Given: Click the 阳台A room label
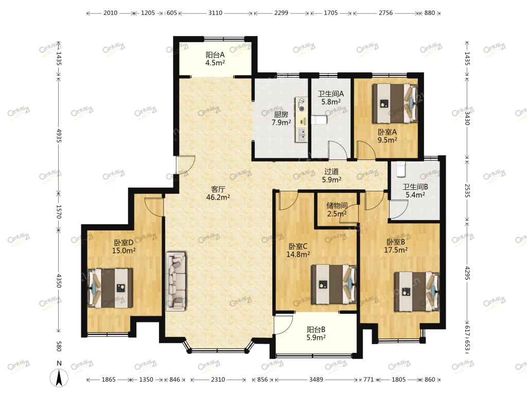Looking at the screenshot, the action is [x=215, y=59].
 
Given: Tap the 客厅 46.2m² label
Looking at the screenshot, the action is [x=218, y=193].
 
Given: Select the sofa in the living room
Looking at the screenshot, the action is [x=176, y=281].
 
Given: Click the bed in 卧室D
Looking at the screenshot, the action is [x=110, y=288].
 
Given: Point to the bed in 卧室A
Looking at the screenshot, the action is [x=395, y=103].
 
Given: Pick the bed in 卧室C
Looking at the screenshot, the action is [x=333, y=284].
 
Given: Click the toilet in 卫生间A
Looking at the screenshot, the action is [x=319, y=120].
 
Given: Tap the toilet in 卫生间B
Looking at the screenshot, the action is [x=401, y=169].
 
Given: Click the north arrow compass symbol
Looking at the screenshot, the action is [x=59, y=377].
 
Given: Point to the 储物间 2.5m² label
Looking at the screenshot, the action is [x=337, y=209].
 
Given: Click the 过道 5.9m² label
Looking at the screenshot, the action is [x=332, y=176].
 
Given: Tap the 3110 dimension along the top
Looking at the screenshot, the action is [x=216, y=13].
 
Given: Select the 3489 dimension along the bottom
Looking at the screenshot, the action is [x=316, y=380].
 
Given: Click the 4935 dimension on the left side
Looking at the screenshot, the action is [x=59, y=136].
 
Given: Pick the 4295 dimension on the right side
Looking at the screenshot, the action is [x=467, y=273].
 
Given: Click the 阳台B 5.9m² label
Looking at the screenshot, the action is [x=316, y=333].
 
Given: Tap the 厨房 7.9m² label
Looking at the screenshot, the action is [x=281, y=119].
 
